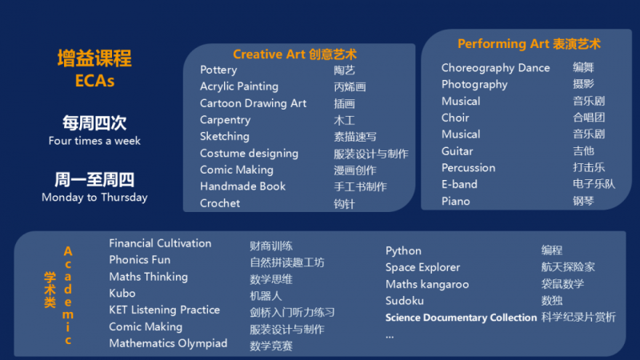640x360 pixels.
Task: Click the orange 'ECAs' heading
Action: (x=94, y=81)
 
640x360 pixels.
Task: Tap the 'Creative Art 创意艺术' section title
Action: (x=294, y=54)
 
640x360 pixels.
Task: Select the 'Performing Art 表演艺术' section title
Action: (x=529, y=44)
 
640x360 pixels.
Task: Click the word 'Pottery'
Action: (x=218, y=70)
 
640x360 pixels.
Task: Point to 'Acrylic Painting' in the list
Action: (x=239, y=86)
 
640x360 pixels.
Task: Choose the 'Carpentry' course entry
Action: (x=226, y=120)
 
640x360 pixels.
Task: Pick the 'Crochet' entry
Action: (x=220, y=203)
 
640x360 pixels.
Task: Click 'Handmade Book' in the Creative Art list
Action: (x=243, y=186)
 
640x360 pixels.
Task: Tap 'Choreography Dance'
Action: (x=495, y=68)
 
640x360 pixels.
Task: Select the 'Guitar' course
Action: (x=457, y=151)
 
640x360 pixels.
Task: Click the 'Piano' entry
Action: (x=455, y=202)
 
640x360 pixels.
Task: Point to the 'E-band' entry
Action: (x=459, y=185)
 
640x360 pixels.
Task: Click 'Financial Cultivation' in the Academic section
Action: (x=160, y=243)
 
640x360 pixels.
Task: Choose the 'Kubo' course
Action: (x=122, y=293)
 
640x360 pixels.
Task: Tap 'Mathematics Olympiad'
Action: (x=168, y=344)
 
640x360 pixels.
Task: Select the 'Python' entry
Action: (x=403, y=251)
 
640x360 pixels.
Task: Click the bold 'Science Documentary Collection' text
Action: (x=461, y=318)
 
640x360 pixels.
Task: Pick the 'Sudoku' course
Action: (x=405, y=301)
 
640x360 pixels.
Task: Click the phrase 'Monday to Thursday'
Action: (x=94, y=198)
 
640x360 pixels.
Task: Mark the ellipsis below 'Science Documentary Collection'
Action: (x=390, y=337)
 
